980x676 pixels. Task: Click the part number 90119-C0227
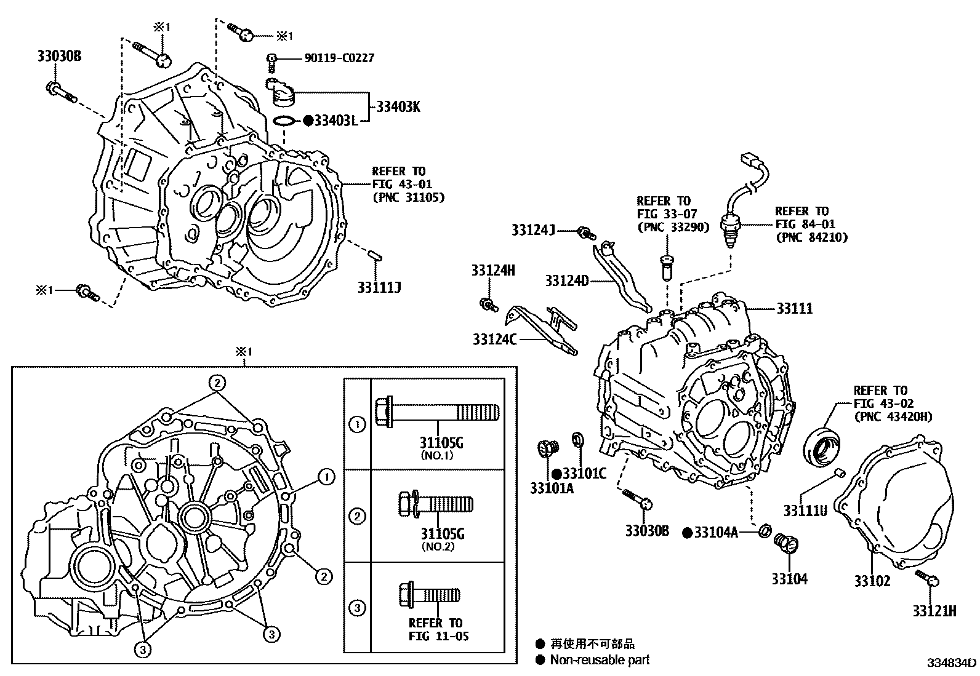click(x=339, y=58)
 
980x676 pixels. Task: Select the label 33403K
click(x=398, y=107)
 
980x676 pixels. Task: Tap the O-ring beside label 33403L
click(x=283, y=121)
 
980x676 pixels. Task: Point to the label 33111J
click(x=379, y=287)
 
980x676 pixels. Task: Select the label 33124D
click(x=566, y=281)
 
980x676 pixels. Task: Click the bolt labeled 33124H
click(x=488, y=304)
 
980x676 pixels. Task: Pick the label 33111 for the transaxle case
click(x=794, y=308)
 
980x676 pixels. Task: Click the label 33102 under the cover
click(x=872, y=580)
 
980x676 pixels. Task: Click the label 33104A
click(x=715, y=533)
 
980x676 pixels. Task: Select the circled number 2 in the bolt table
click(x=357, y=516)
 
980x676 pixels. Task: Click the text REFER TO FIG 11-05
click(x=438, y=629)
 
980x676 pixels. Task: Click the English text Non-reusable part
click(x=599, y=660)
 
